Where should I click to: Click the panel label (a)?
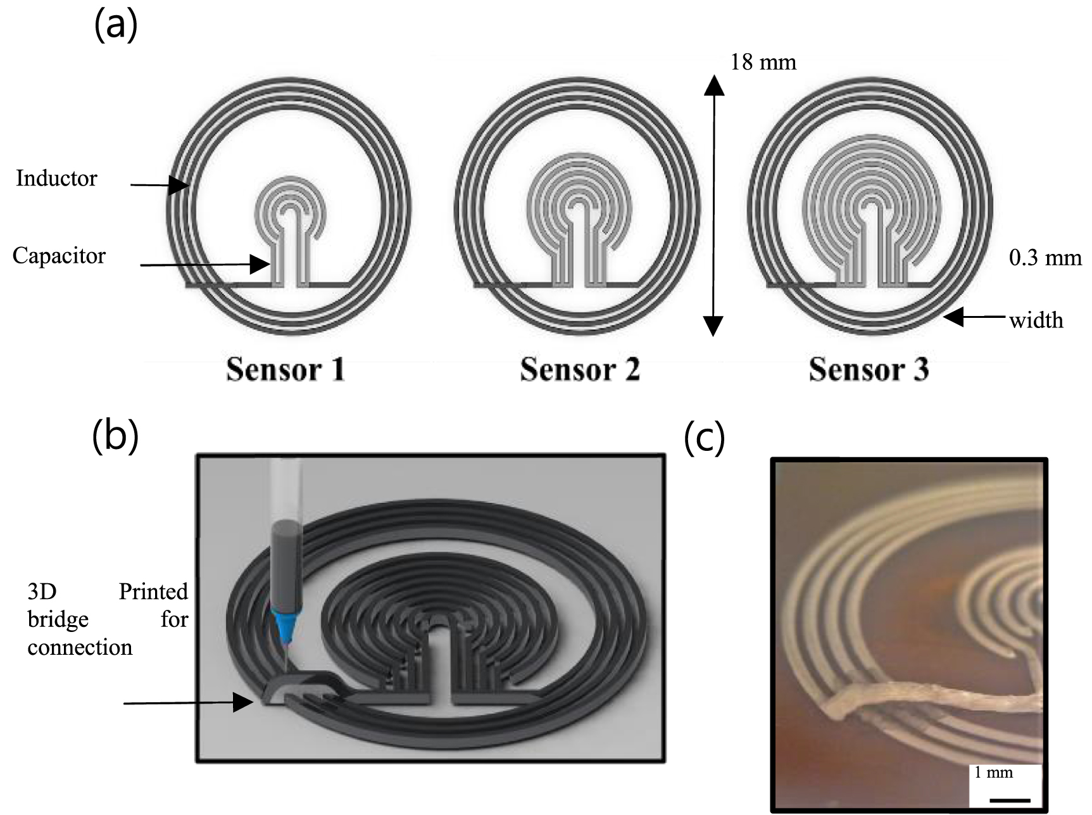point(115,27)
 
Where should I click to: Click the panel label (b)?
point(115,437)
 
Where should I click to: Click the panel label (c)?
point(705,438)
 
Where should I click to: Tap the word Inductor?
point(56,179)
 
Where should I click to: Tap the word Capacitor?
point(59,256)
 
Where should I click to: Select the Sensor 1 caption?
point(286,370)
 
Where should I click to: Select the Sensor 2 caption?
point(579,370)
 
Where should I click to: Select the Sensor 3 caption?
point(869,370)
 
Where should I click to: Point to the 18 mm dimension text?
point(763,62)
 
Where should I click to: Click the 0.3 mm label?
point(1045,258)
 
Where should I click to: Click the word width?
point(1036,320)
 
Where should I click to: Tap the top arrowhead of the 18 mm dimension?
point(714,84)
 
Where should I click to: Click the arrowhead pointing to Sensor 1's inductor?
point(180,185)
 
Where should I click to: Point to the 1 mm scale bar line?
point(1010,800)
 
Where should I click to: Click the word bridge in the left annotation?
point(58,619)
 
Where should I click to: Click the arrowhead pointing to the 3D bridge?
point(243,702)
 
